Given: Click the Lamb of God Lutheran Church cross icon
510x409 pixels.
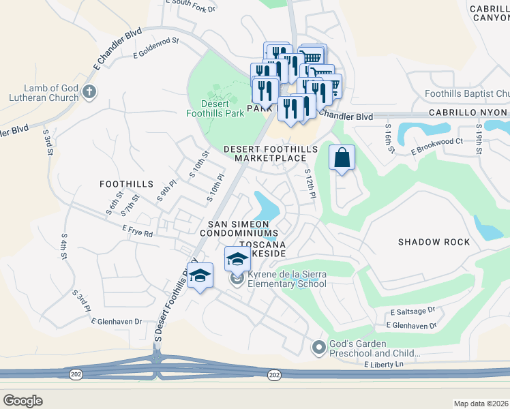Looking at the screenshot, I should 89,91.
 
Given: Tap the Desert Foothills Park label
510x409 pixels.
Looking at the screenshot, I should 215,110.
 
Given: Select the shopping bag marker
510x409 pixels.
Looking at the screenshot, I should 342,158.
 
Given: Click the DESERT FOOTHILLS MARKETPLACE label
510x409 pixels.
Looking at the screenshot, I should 271,153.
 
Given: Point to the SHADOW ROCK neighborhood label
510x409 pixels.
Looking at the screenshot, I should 434,242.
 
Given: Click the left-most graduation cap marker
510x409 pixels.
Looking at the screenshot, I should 200,275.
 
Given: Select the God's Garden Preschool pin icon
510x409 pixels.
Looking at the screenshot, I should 318,348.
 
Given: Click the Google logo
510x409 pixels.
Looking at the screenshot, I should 22,401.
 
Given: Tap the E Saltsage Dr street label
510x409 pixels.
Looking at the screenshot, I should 412,312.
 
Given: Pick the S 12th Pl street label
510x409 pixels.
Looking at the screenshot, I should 310,184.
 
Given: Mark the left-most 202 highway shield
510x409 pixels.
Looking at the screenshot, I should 74,374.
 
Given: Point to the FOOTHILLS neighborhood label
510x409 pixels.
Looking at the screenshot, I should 126,184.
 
